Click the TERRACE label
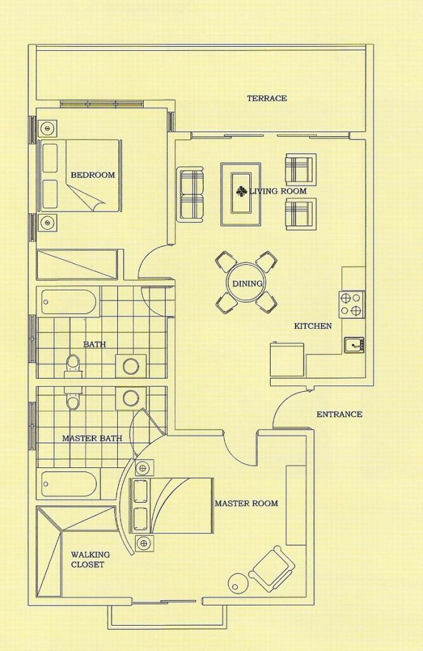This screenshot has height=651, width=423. point(267,98)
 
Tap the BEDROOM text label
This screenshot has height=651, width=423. point(92,174)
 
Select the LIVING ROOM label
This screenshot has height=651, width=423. point(278,191)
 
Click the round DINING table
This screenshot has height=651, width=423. point(247,284)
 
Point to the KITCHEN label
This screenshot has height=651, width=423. point(313,326)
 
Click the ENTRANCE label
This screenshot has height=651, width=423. point(339,414)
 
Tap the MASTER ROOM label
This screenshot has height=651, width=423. point(246,503)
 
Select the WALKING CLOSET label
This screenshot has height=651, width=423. point(90,559)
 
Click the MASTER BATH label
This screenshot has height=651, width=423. point(92,438)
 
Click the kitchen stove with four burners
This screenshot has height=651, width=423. point(351,305)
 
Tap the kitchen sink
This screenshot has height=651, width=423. point(353,344)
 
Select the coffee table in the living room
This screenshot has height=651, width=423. point(241,194)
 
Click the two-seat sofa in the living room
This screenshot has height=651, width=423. point(191,194)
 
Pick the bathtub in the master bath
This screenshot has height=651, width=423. point(70,484)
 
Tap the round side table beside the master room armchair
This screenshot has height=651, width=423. point(239,583)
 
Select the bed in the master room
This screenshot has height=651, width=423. point(172,505)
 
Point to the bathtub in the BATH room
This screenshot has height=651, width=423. point(70,302)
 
